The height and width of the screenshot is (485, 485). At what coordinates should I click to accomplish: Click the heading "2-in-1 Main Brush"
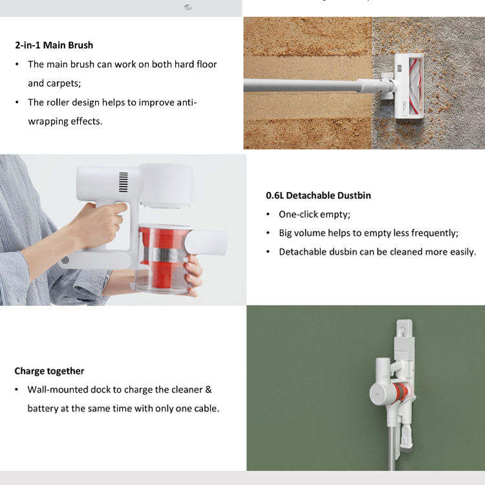click(x=54, y=45)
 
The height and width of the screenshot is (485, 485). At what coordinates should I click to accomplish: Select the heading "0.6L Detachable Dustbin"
click(x=318, y=195)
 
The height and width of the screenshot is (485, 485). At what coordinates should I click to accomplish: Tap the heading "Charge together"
click(x=49, y=371)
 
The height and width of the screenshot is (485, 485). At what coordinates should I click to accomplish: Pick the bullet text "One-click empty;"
click(x=314, y=214)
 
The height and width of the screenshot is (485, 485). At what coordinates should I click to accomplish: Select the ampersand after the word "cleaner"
click(x=208, y=389)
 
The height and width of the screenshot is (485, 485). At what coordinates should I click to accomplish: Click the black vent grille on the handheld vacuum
click(x=124, y=182)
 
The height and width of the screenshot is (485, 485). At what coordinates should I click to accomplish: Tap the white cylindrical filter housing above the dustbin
click(x=167, y=186)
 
